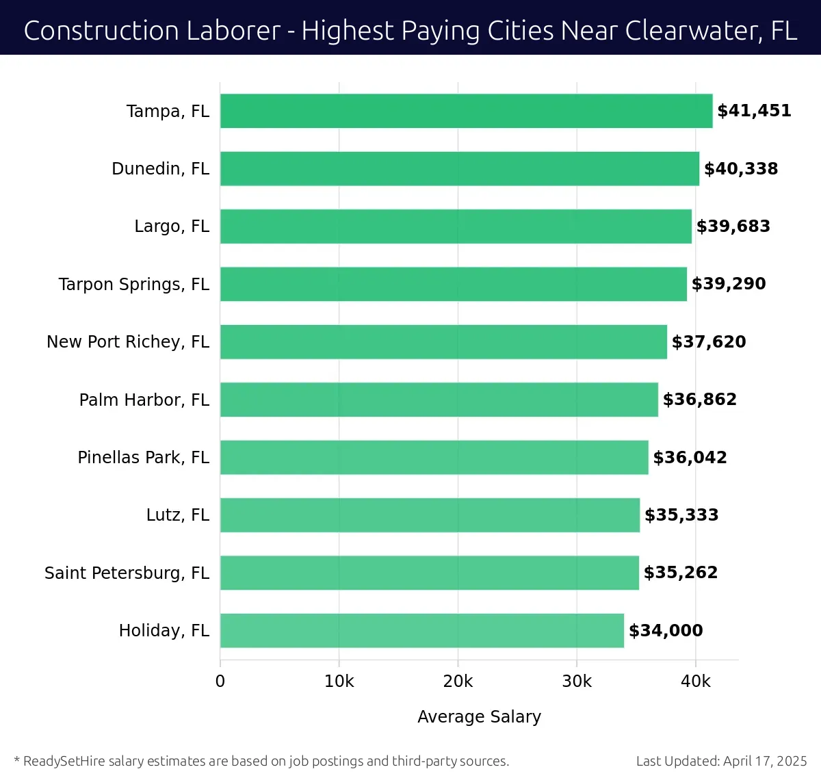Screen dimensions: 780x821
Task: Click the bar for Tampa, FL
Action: coord(466,111)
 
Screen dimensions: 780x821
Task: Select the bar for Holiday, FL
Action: coord(421,630)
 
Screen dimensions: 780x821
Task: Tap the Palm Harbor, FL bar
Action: coord(439,400)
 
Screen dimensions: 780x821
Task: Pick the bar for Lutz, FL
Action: coord(430,515)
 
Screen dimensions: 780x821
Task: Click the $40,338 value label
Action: coord(741,169)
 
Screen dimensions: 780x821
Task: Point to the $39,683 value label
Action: coord(733,226)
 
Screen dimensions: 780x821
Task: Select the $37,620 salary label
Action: coord(709,342)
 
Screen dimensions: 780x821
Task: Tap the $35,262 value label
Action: coord(681,573)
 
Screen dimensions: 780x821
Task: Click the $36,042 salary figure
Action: coord(690,458)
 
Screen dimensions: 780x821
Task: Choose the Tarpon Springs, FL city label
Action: coord(134,285)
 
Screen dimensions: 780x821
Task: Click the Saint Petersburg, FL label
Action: coord(127,573)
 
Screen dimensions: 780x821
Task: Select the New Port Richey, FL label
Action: coord(128,342)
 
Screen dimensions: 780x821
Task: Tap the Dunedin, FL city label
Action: coord(160,169)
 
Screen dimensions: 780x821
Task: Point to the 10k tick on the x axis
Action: coord(339,681)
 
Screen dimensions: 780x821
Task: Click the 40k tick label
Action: coord(696,681)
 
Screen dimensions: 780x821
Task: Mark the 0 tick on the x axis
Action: coord(220,681)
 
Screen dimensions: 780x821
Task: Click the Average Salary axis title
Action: coord(479,716)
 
